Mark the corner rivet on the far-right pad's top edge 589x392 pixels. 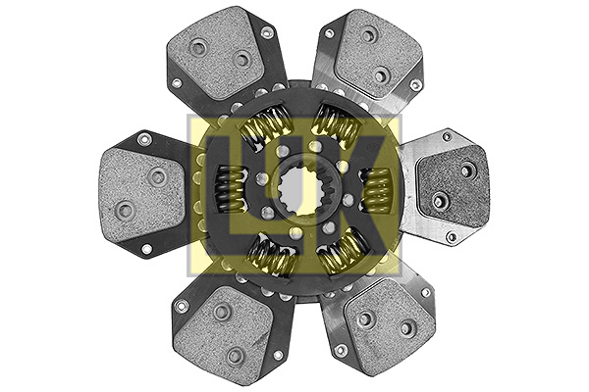pos(447,136)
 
